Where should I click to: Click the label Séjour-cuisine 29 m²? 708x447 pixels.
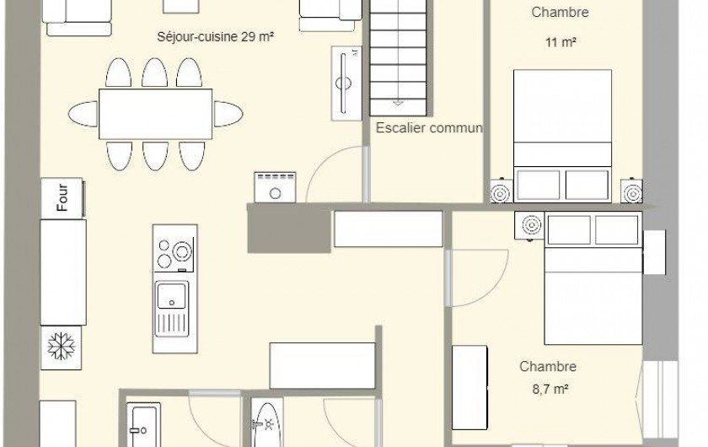(217, 37)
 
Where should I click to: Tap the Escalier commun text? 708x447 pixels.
(429, 129)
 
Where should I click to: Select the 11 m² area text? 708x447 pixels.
(560, 41)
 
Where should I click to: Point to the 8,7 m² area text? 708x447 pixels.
(549, 389)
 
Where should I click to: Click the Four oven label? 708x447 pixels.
(62, 198)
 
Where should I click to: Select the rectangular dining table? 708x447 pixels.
(156, 114)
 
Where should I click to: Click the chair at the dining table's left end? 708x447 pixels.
(83, 114)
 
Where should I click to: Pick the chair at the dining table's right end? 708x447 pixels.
(228, 114)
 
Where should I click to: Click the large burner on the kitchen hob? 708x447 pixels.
(181, 250)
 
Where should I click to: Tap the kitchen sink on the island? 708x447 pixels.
(174, 295)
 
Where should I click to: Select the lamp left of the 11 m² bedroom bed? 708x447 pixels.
(500, 193)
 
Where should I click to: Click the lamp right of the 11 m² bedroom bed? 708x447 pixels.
(632, 192)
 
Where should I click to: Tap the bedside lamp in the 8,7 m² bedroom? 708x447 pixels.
(531, 225)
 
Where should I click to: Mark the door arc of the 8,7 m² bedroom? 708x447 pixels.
(478, 274)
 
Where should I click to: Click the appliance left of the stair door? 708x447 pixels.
(275, 186)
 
